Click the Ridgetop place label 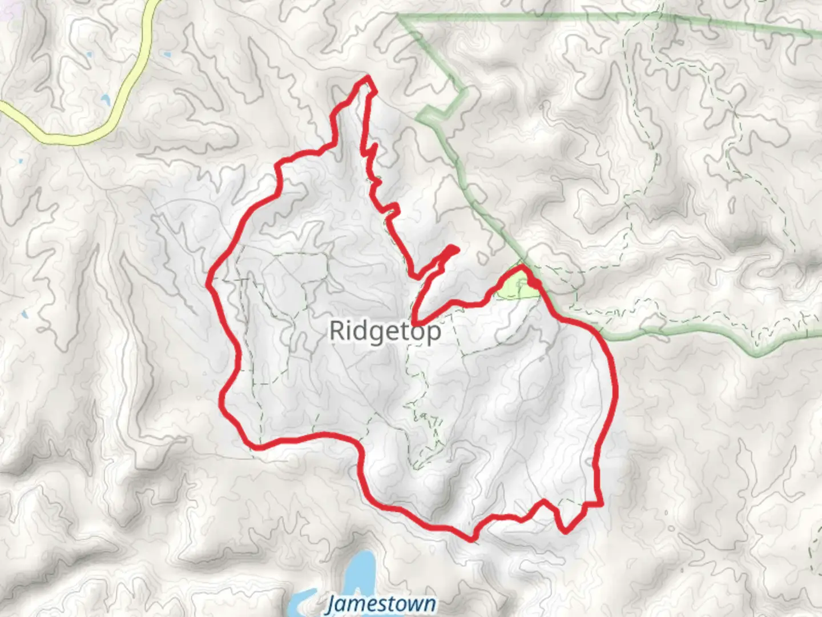pos(385,331)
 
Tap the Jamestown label pos(381,604)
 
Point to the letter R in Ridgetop pos(337,331)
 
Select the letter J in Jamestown pos(331,604)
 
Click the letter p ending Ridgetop pos(434,332)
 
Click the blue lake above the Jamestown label pos(360,571)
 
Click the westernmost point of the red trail pos(209,281)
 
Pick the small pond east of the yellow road pos(166,55)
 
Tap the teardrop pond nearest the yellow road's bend pos(105,101)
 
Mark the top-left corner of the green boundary pos(400,17)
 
